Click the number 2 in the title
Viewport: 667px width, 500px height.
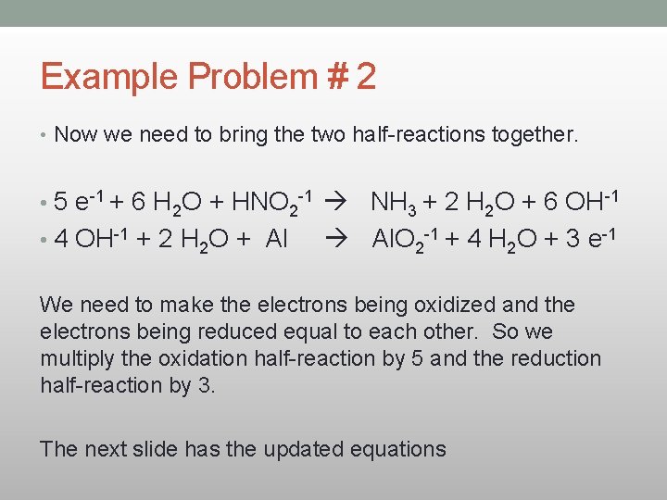366,76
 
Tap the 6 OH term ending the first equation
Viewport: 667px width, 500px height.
583,201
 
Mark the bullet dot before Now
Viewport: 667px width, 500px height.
44,136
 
